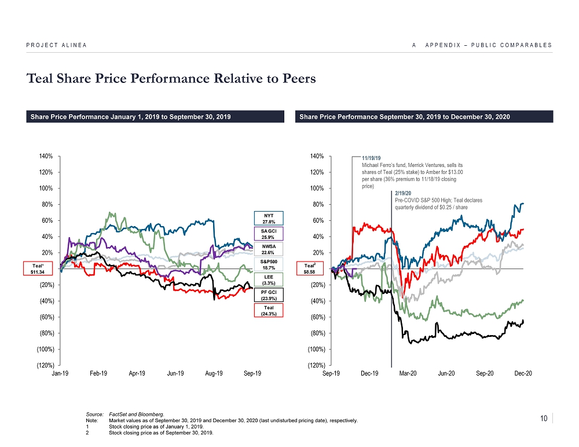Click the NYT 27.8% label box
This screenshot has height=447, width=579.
(x=268, y=218)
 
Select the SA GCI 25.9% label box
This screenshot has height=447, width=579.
(x=268, y=234)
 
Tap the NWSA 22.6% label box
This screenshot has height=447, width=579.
(x=268, y=249)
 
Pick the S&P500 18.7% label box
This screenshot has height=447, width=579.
(x=268, y=264)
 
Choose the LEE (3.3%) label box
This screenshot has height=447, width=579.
(x=268, y=280)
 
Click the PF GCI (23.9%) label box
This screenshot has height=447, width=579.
(x=268, y=295)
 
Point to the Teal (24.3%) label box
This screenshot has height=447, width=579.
(x=268, y=311)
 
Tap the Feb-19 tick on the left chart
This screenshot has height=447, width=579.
(x=98, y=373)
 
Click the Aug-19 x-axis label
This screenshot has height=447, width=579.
(x=214, y=373)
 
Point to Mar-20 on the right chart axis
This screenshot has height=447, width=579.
(x=408, y=373)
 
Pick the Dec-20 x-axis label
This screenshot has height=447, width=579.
(x=523, y=373)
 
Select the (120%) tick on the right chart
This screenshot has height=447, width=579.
(x=317, y=365)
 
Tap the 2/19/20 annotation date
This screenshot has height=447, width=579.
(x=402, y=193)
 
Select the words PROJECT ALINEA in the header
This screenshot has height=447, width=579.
(x=56, y=45)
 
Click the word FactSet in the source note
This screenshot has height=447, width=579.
(x=118, y=415)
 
